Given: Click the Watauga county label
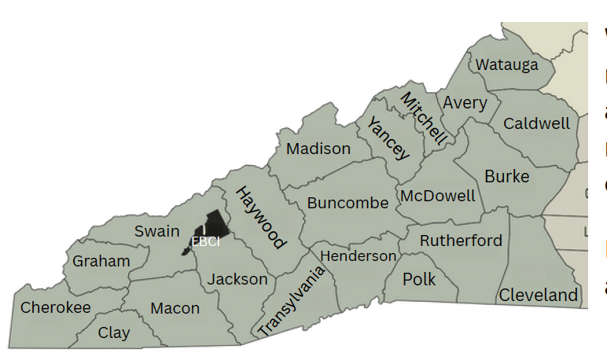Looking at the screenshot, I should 507,64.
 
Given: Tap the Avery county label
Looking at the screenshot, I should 465,103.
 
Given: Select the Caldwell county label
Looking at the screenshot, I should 536,123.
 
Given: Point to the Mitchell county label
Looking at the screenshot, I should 424,118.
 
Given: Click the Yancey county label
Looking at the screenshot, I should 388,138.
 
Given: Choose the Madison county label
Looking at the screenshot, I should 318,149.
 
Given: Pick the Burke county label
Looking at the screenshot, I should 506,176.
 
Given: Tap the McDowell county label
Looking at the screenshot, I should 438,196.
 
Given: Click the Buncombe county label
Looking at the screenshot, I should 348,203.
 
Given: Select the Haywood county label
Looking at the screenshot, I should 260,217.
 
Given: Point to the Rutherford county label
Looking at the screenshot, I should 460,241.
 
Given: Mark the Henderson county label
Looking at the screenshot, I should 358,256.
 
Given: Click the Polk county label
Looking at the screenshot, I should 418,279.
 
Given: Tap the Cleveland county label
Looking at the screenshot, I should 539,296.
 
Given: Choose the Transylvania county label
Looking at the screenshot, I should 292,301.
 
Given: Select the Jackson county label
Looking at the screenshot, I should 237,279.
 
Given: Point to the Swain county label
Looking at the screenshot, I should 156,231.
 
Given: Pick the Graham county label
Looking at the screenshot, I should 101,261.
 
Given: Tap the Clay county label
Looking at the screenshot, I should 114,332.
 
